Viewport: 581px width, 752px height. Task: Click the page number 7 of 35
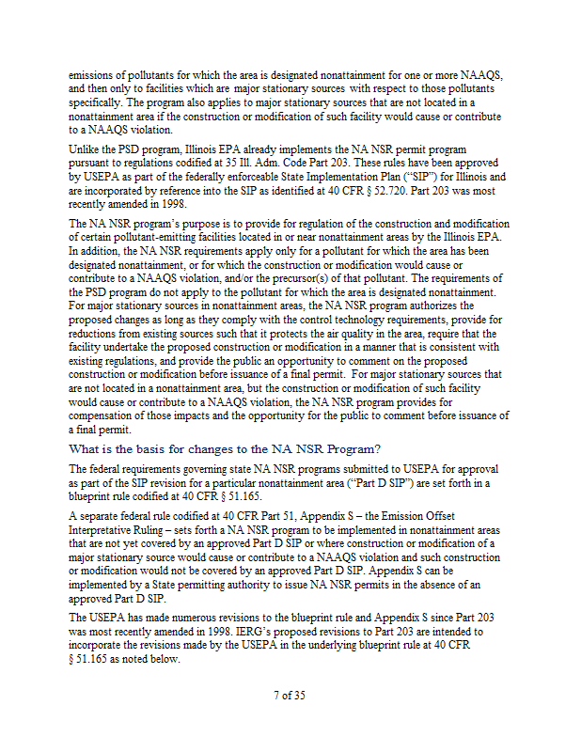coord(290,696)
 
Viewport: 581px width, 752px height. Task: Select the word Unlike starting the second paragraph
coord(86,149)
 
